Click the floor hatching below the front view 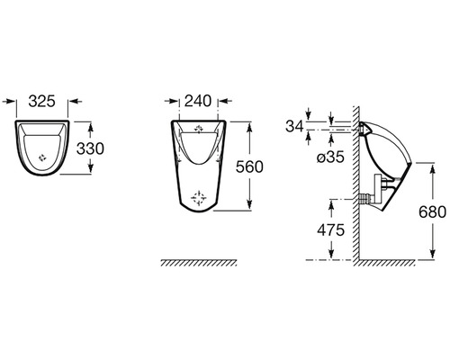click(x=198, y=263)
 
